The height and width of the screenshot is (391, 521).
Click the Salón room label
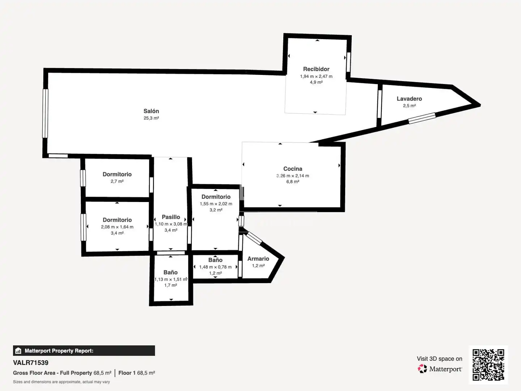coord(151,111)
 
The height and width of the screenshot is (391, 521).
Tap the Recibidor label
coord(316,69)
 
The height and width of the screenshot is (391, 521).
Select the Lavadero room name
coord(409,99)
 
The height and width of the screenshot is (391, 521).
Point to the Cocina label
coord(293,169)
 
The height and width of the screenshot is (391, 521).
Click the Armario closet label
coord(258,259)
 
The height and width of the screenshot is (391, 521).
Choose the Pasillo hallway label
coord(171,217)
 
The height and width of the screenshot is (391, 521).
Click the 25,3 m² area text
coord(151,118)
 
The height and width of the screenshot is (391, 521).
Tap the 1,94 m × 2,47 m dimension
coord(316,76)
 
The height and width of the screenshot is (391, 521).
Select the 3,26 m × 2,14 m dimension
coord(293,176)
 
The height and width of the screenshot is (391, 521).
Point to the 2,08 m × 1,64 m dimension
coord(117,227)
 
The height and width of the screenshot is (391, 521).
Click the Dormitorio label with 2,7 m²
coord(117,174)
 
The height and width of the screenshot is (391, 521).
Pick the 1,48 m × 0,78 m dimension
coord(215,267)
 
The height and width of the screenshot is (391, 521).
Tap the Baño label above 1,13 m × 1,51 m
coord(170,272)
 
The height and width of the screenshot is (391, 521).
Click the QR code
coord(488,365)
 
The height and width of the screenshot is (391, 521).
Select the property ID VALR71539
coord(31,363)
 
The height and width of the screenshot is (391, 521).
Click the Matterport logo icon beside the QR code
coord(422,369)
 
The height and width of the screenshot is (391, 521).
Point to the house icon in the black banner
coord(18,351)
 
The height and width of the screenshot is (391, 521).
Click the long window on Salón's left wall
coord(45,113)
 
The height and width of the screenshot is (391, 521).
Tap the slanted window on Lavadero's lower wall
coord(422,118)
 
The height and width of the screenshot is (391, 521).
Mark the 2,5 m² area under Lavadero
coord(409,106)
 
